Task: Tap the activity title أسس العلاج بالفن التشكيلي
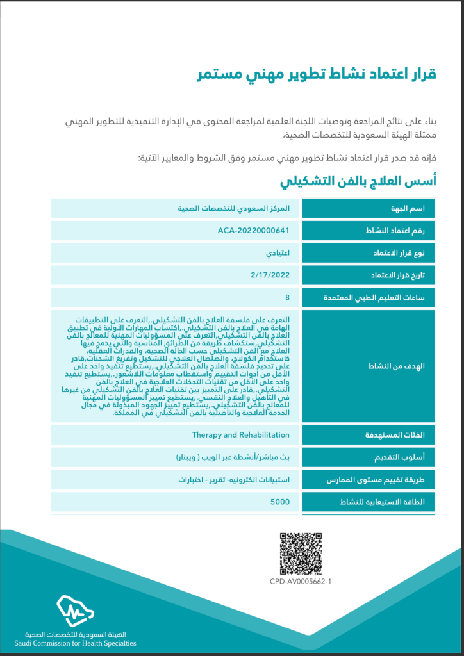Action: click(358, 181)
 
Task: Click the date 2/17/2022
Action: click(270, 275)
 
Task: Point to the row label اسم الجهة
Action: click(417, 209)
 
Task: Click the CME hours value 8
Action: click(287, 297)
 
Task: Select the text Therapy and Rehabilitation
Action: click(241, 435)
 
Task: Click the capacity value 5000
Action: click(280, 502)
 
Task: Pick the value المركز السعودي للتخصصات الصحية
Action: click(233, 209)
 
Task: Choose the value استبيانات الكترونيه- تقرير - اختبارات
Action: click(233, 480)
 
